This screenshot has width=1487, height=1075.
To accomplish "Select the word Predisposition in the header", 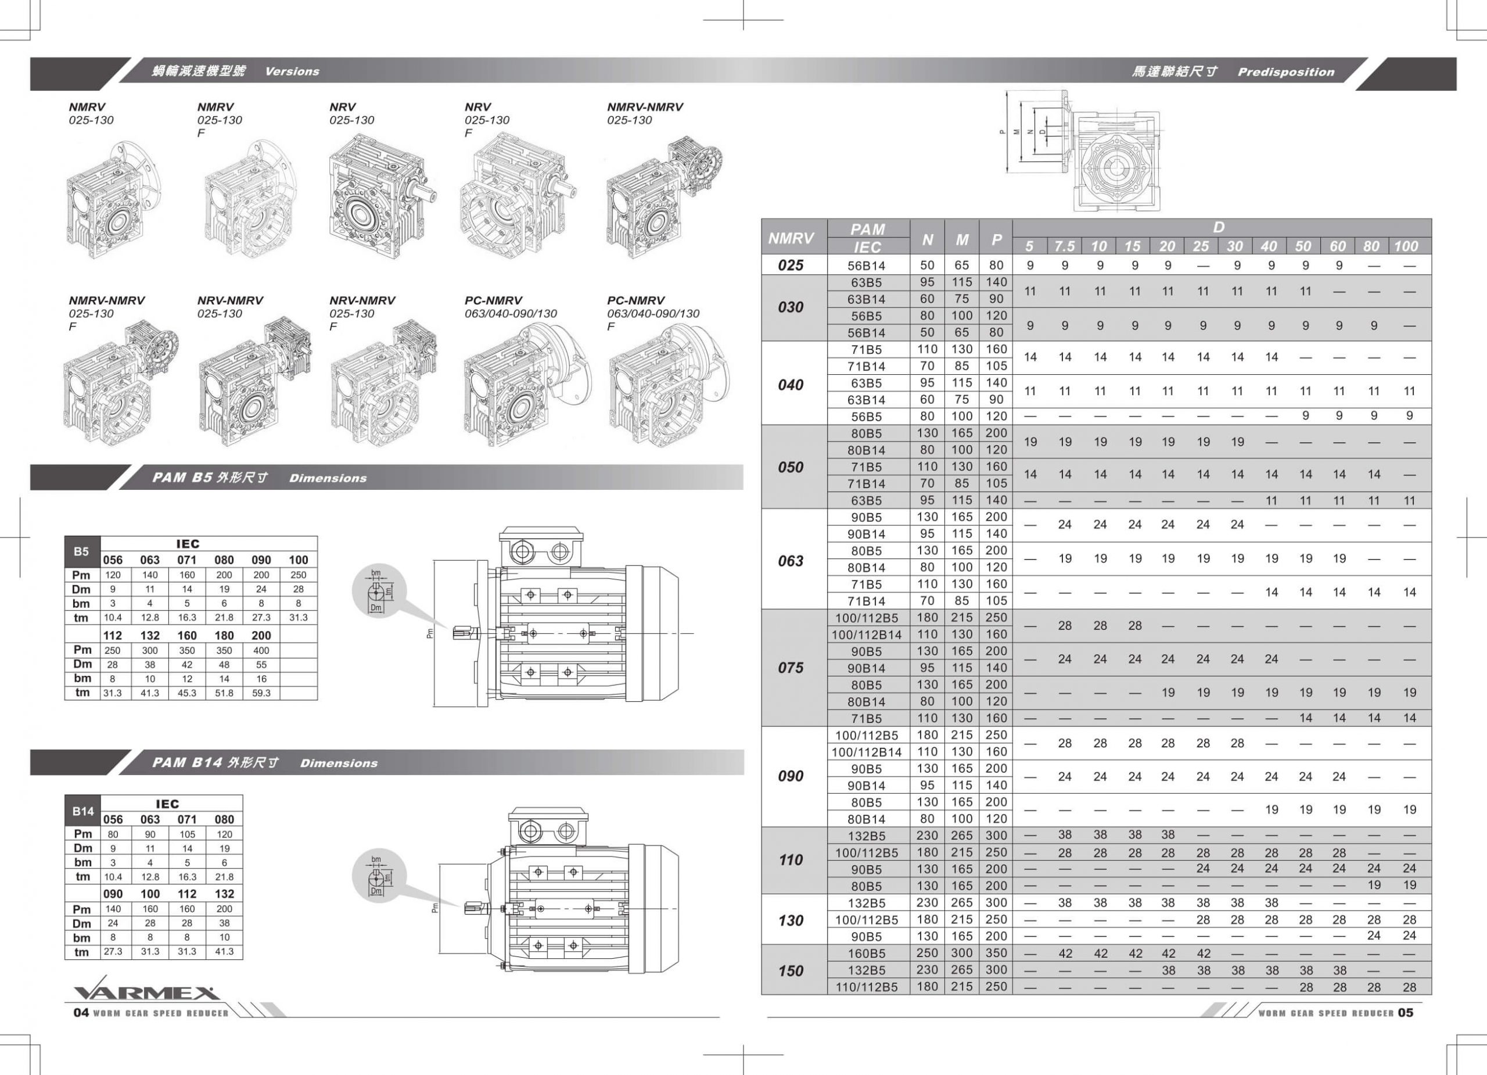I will [1285, 72].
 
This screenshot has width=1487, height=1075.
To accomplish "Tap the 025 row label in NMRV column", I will [790, 265].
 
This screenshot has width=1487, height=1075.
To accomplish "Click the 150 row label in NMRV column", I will [790, 970].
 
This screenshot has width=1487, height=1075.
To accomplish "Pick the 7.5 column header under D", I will [1064, 246].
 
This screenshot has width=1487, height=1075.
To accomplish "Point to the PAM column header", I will [867, 229].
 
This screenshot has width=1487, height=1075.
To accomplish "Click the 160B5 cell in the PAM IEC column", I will [866, 953].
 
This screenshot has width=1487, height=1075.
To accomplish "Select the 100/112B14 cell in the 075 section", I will [866, 634].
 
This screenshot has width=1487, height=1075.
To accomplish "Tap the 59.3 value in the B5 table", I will [261, 693].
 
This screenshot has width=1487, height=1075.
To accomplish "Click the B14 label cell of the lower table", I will [82, 811].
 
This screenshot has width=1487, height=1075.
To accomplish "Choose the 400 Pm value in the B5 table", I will [261, 650].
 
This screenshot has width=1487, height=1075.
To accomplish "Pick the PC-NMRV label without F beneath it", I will [493, 300].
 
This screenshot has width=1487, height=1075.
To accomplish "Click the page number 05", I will [1405, 1013].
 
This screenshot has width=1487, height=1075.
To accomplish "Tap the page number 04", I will [81, 1012].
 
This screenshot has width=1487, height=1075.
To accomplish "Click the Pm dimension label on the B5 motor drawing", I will [430, 633].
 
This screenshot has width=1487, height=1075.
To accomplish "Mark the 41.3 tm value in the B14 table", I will [224, 951].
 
